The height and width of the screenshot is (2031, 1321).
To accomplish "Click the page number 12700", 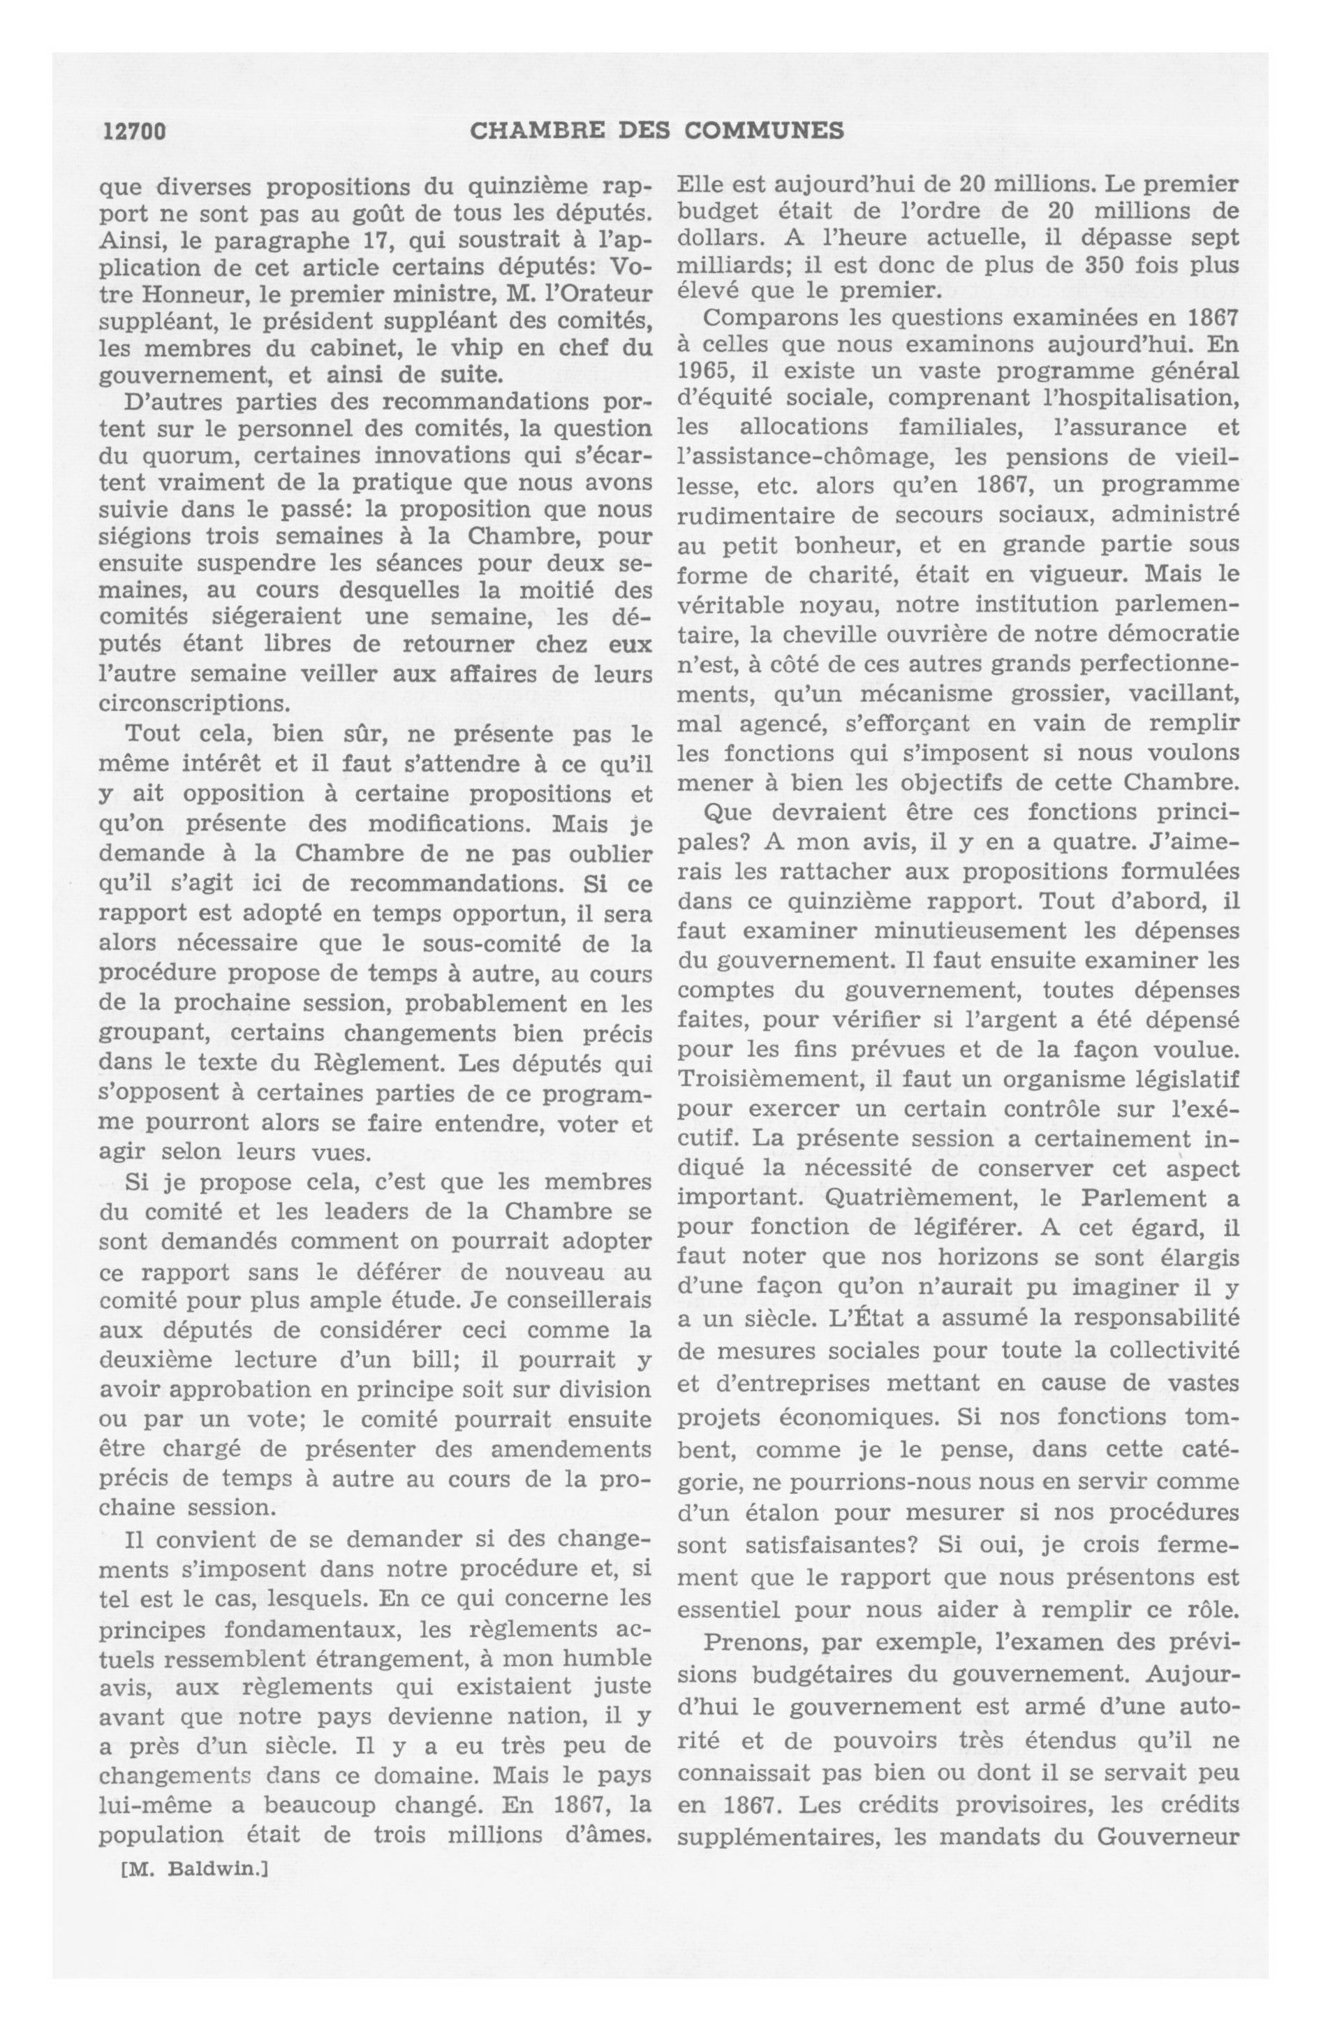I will [133, 131].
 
